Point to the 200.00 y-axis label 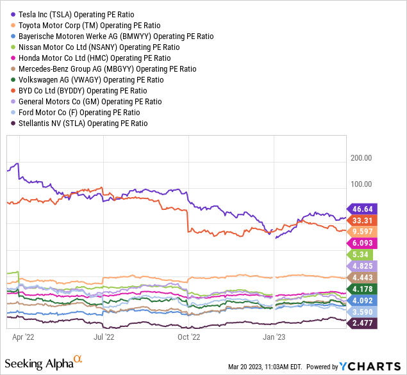click(x=361, y=158)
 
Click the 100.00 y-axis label click(x=361, y=184)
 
